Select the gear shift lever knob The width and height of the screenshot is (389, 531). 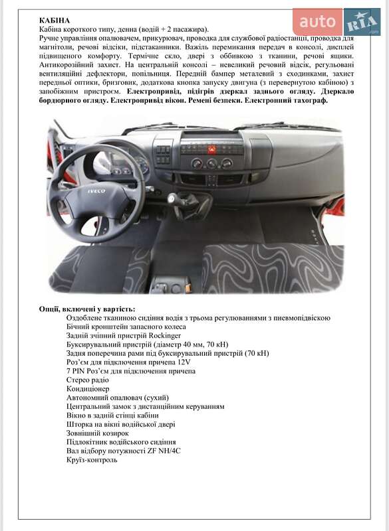coord(175,198)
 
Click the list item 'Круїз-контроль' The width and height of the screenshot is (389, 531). coord(92,459)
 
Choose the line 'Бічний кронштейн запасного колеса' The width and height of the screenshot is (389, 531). coord(126,327)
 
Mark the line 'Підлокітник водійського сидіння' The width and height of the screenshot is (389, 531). coord(121,441)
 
